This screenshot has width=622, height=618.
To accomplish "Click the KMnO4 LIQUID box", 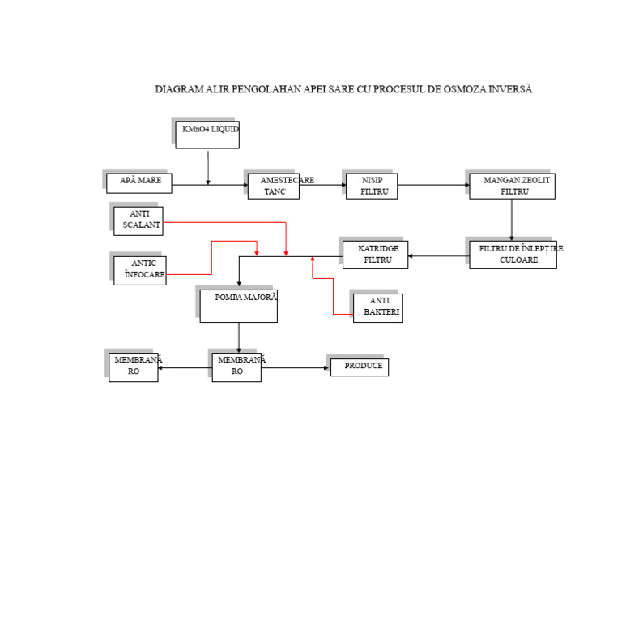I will (207, 135).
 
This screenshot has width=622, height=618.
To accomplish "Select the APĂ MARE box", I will (139, 183).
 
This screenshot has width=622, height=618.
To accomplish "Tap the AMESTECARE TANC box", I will (274, 186).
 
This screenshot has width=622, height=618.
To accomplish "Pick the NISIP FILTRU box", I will (372, 186).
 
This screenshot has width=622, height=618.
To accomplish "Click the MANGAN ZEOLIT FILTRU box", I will (512, 186).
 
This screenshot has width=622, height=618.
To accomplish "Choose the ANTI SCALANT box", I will (138, 221).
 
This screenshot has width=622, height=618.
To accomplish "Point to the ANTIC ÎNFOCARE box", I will (140, 270).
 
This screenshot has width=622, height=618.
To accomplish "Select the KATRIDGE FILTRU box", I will (375, 255).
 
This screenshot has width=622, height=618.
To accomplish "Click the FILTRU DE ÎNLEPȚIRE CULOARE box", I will (513, 255).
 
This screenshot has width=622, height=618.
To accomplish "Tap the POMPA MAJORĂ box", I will (238, 306).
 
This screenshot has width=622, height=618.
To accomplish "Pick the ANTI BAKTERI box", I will (377, 307).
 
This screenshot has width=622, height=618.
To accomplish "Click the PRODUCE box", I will (360, 367).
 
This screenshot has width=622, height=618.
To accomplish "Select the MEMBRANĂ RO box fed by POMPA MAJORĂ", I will (236, 367).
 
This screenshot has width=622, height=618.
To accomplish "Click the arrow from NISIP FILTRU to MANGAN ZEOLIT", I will (433, 185).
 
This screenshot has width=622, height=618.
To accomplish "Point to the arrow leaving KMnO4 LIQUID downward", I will (208, 167).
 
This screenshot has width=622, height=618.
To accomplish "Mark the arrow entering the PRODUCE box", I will (296, 368).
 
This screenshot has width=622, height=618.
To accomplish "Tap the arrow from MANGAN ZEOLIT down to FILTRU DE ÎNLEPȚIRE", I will (512, 220).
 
